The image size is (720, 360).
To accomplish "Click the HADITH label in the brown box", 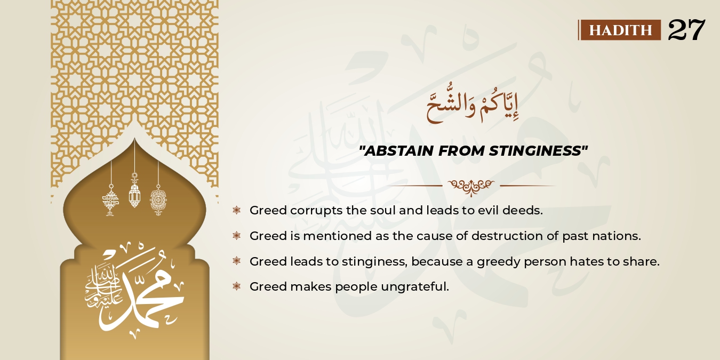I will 620,30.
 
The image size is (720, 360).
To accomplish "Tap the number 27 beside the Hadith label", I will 686,30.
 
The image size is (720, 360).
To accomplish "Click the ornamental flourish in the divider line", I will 471,186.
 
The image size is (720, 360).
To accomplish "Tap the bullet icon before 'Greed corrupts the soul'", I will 237,210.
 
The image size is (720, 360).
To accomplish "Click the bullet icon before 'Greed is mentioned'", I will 237,236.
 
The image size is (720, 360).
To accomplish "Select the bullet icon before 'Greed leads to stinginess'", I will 237,261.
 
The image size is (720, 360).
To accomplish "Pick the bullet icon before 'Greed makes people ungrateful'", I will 237,287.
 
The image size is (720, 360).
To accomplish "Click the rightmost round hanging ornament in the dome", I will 158,200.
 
